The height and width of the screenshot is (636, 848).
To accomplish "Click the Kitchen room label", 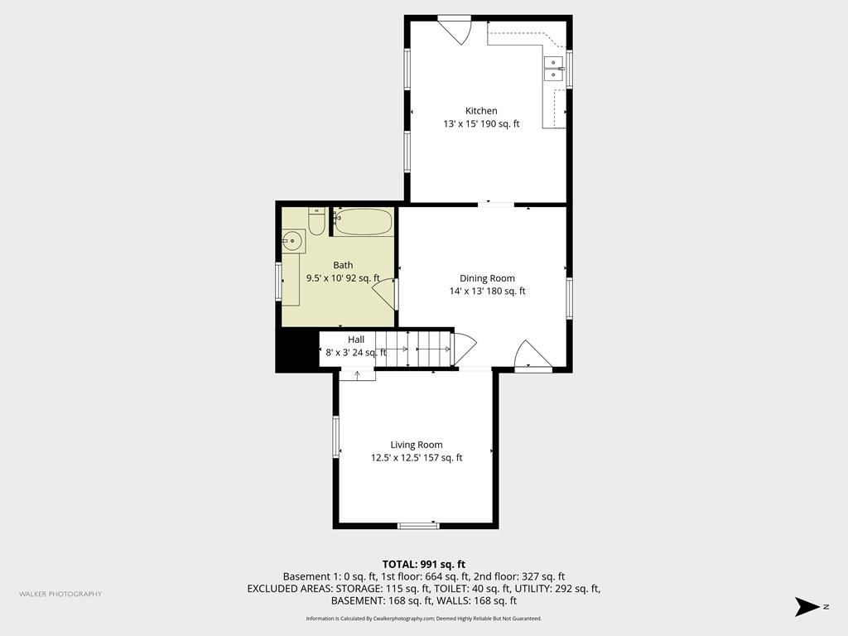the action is pos(481,111).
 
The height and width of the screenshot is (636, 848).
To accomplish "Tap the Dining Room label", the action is pos(487,278).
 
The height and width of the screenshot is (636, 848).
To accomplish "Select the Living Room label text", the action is pos(417,445).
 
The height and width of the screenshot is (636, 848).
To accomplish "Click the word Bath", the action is pos(343,265).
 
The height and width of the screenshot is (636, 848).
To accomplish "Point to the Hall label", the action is pos(356,340).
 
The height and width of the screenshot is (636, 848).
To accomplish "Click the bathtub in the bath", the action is pos(363,222).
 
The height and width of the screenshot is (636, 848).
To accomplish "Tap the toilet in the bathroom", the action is pos(316,221).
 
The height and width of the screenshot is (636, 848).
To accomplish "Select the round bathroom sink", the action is pos(293,241).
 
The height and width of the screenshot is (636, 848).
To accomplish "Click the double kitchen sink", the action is pos(553,69).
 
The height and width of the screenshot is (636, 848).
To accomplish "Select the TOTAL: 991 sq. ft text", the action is pos(424,565).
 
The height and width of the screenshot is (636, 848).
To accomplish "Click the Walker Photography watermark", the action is pos(60,594).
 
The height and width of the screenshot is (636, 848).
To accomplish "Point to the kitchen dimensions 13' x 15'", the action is pos(459,124).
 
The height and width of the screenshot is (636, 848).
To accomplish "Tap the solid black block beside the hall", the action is pos(297,350).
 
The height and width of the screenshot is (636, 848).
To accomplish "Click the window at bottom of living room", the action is pos(418,525).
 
